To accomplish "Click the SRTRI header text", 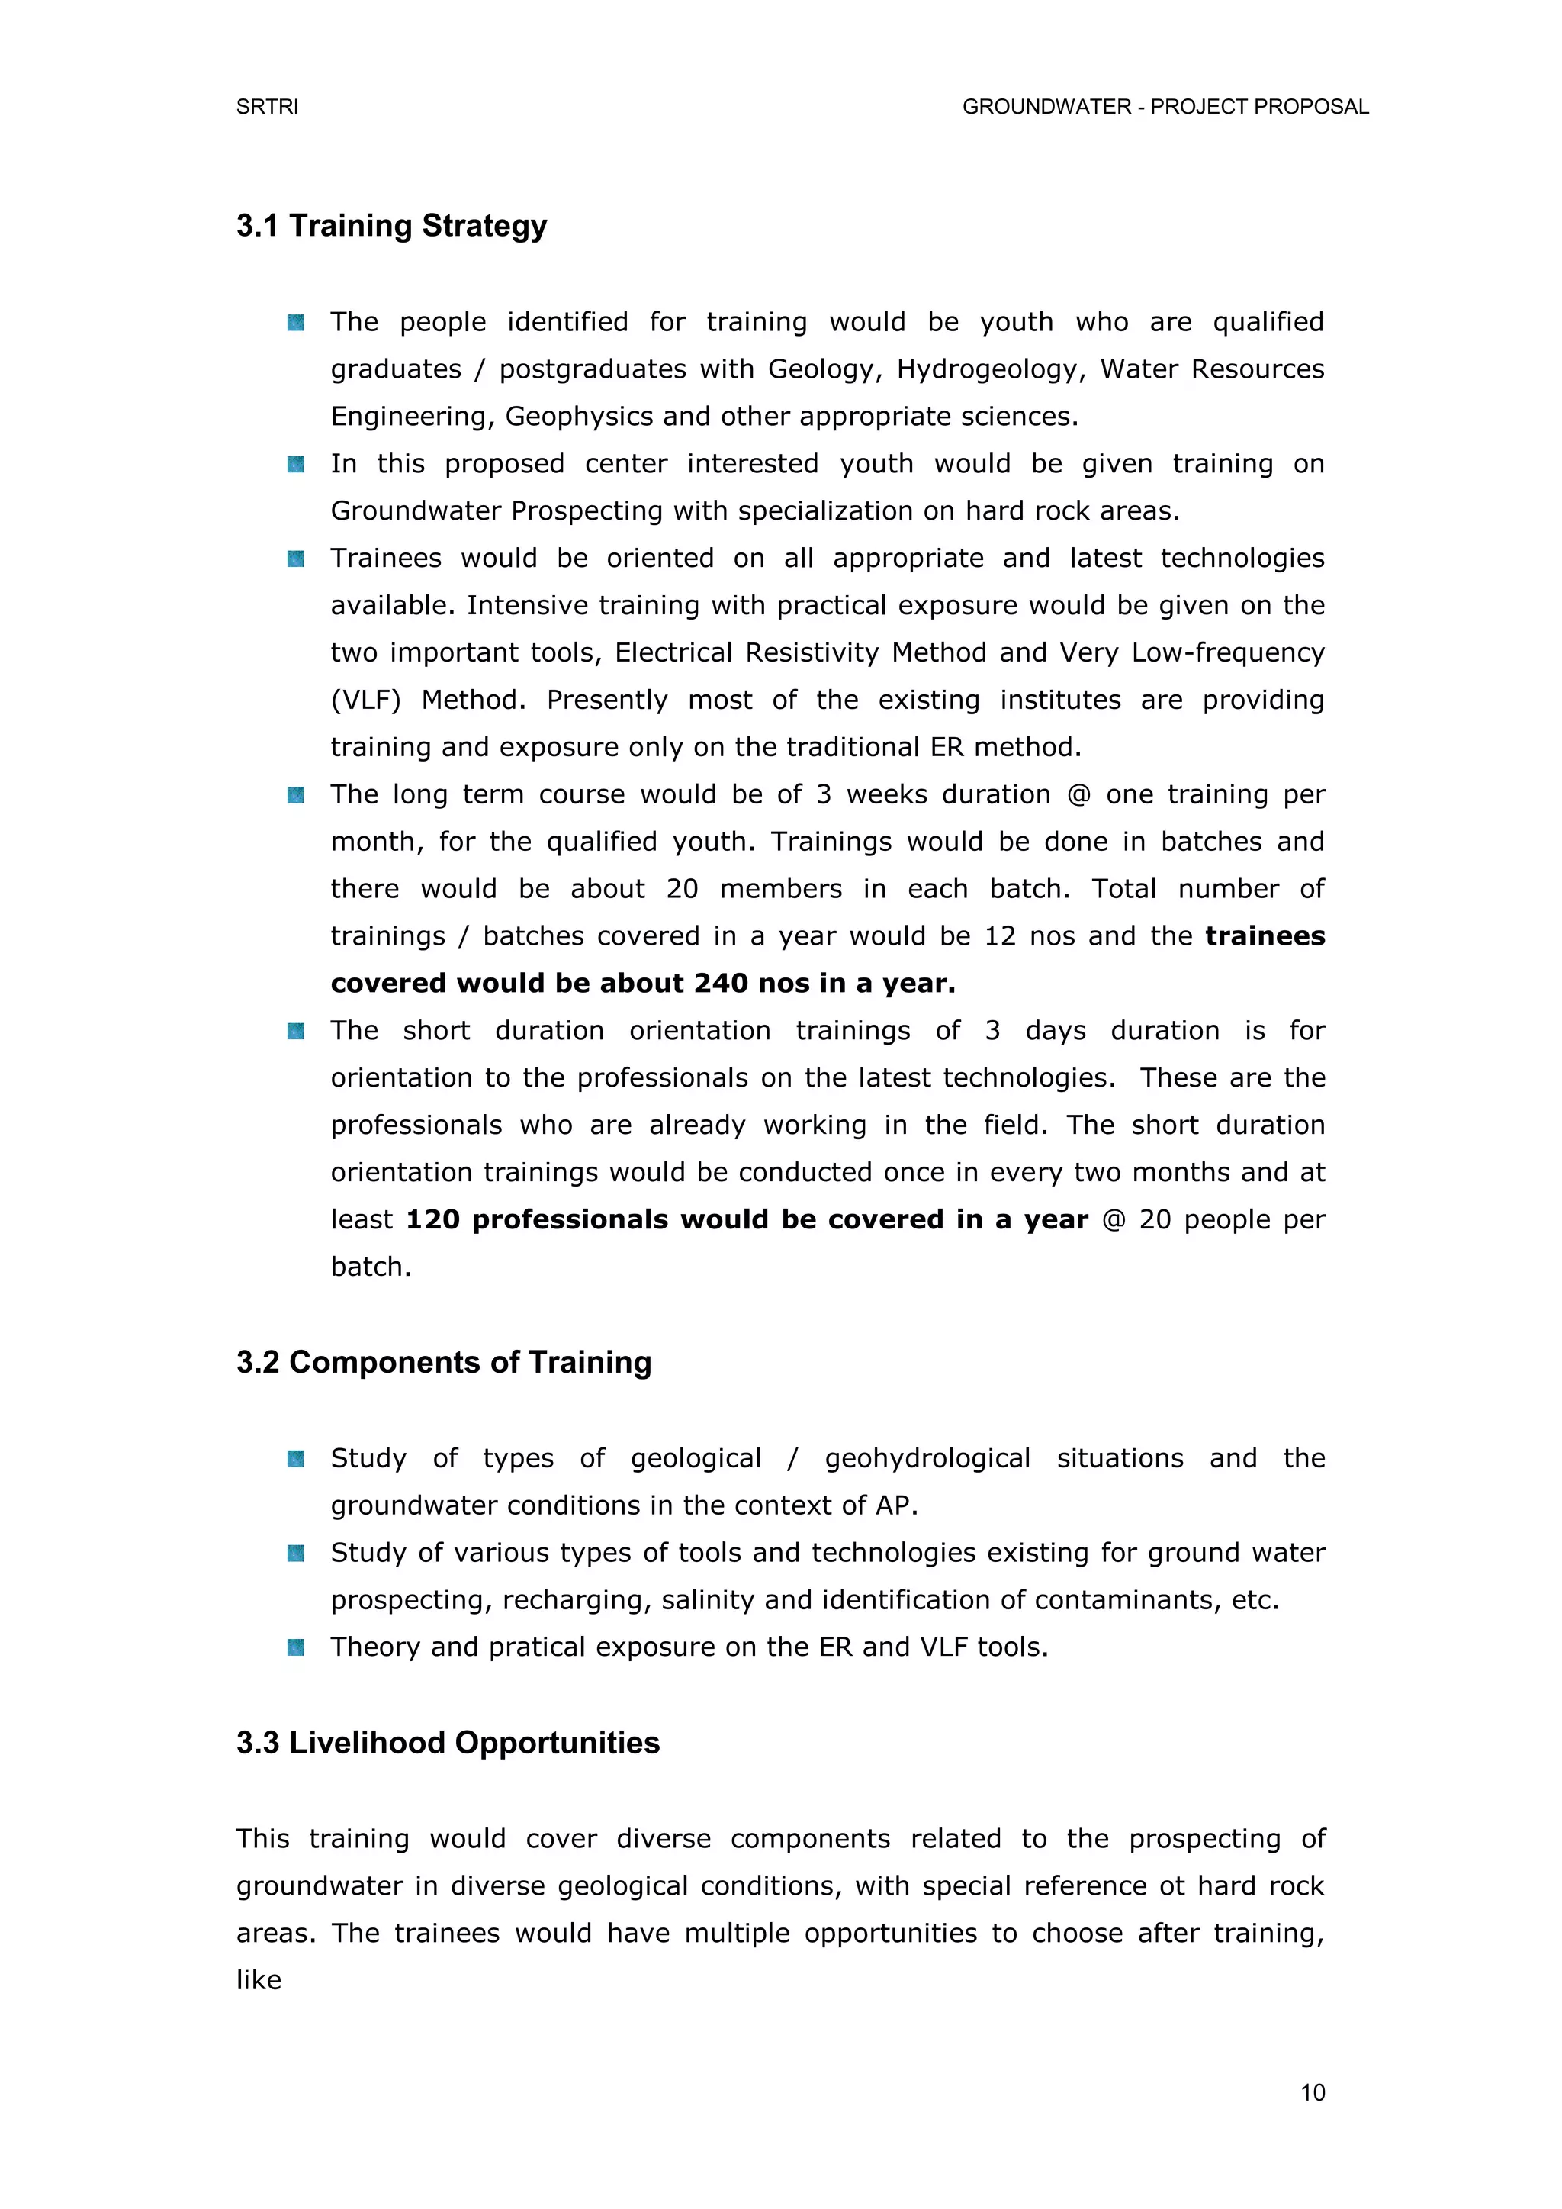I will [x=268, y=107].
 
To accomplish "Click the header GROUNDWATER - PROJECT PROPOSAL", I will [x=1165, y=107].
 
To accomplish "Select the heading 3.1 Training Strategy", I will [x=391, y=226].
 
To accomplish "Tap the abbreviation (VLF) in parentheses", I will [x=365, y=700].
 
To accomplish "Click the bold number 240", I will [x=722, y=984].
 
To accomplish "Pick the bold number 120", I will [x=432, y=1220].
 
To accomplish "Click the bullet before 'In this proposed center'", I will [x=296, y=465].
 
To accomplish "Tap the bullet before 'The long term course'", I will [x=296, y=794].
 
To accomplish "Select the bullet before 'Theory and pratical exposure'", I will [x=296, y=1647].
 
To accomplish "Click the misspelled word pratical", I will [x=538, y=1647].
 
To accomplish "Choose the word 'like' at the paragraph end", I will [x=259, y=1980].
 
